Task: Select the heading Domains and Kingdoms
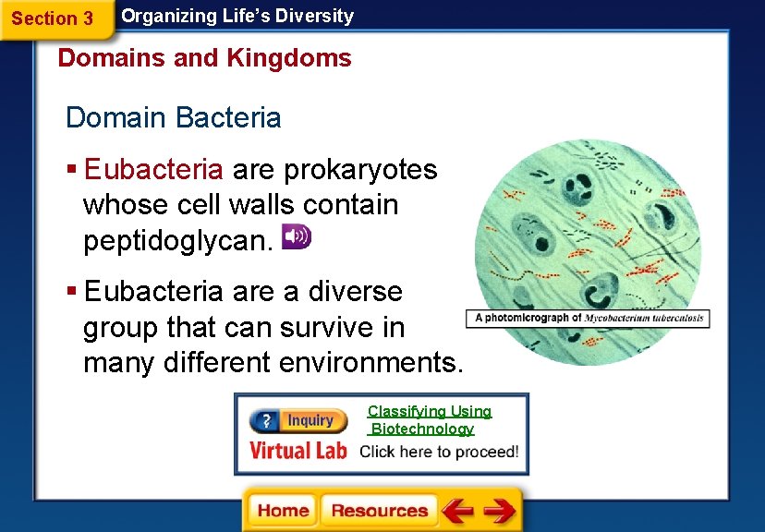[204, 58]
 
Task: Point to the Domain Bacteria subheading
[173, 118]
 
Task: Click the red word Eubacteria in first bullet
[153, 170]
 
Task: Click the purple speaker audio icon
[297, 236]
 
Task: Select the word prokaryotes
[360, 170]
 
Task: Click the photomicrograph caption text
[589, 318]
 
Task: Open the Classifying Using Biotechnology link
[429, 420]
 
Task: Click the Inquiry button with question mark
[297, 421]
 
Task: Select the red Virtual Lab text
[297, 451]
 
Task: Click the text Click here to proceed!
[438, 453]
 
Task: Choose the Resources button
[379, 511]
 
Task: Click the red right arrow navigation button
[499, 511]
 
